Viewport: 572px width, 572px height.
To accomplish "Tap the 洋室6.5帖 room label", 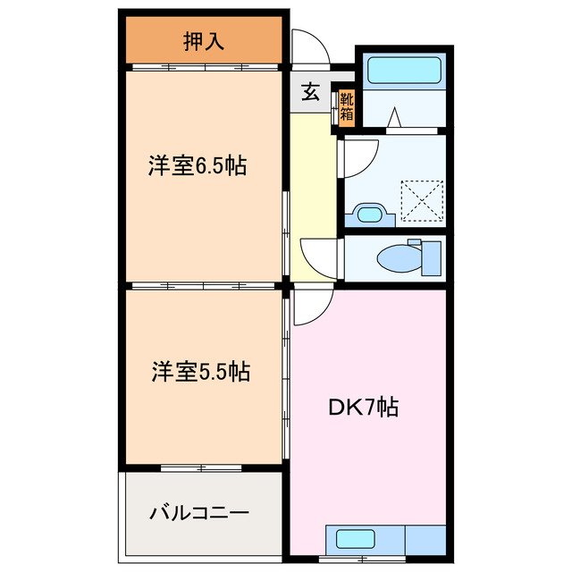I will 198,165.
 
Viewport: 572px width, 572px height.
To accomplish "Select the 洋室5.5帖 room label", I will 198,371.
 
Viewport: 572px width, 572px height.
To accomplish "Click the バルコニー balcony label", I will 199,514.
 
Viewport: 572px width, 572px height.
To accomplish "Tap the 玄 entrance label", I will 309,93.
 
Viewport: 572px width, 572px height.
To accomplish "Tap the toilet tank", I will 431,257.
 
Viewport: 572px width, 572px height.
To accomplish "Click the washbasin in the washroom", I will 368,214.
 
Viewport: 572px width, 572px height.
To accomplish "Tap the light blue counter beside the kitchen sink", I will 425,539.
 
